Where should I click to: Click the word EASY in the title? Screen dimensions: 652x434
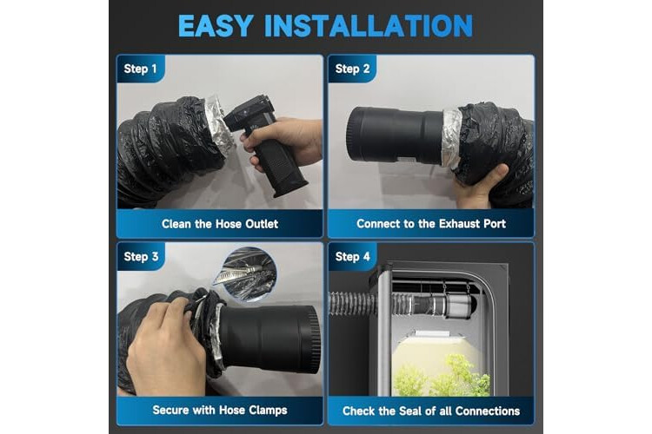[x=216, y=26]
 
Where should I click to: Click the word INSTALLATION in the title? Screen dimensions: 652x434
[x=369, y=26]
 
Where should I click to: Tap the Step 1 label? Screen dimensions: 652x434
[x=140, y=69]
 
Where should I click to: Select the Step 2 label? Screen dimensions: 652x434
[x=352, y=69]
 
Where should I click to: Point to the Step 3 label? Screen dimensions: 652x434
[x=141, y=257]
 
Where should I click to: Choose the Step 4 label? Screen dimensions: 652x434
[x=352, y=257]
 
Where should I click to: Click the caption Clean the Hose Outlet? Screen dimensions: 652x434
[x=220, y=224]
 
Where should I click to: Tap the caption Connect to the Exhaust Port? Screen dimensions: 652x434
[x=431, y=224]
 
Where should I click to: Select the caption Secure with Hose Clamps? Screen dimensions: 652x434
[x=220, y=411]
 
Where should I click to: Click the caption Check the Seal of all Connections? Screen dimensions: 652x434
[x=431, y=411]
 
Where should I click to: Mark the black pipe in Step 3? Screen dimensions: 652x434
[x=270, y=339]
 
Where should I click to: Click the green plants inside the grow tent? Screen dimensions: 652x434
[x=441, y=376]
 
